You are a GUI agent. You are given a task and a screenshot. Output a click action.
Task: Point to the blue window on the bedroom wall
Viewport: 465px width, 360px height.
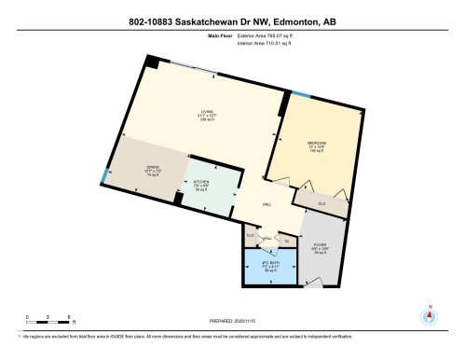[x=300, y=95]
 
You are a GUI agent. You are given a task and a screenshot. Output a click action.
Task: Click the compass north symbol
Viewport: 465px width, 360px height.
[x=429, y=314]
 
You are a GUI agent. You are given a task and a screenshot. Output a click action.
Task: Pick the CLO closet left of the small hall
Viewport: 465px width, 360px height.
[x=250, y=235]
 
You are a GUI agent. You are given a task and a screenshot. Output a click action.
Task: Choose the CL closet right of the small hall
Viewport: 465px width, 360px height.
[x=287, y=241]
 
